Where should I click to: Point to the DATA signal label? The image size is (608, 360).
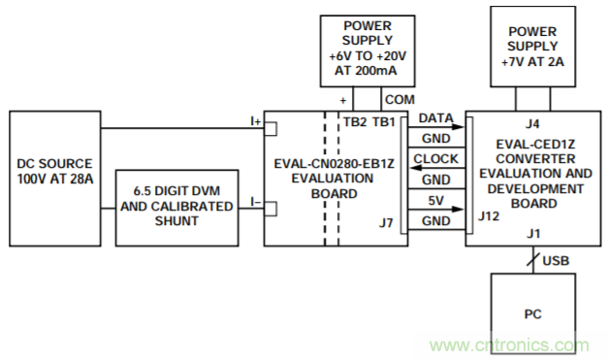click(435, 118)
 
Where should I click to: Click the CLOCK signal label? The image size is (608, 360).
click(435, 159)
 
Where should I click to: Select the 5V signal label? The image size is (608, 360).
click(435, 201)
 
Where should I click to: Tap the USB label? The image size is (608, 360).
click(556, 261)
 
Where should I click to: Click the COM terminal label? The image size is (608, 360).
click(400, 100)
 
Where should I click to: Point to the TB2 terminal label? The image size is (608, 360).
click(355, 122)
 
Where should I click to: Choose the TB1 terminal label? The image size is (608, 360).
click(384, 122)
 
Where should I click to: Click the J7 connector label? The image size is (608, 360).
click(386, 223)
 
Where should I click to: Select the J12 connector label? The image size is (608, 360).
click(489, 216)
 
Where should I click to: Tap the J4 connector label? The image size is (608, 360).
click(532, 124)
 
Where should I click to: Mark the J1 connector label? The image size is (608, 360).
click(533, 234)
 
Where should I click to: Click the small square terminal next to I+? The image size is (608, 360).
click(271, 129)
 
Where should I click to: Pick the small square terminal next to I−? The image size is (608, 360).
click(271, 209)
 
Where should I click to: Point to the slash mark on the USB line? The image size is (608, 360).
click(533, 259)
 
